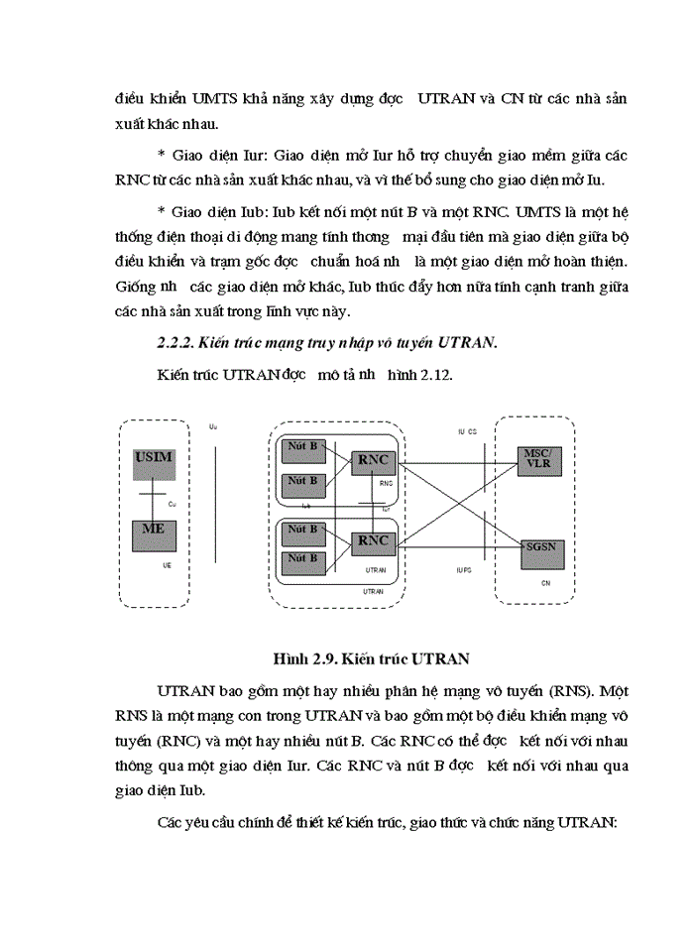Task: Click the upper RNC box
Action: (x=374, y=461)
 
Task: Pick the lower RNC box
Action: (x=374, y=541)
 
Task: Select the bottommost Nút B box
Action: (x=303, y=559)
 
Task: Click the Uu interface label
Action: (x=213, y=427)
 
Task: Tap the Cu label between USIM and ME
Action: (x=171, y=504)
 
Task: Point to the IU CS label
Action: (x=467, y=432)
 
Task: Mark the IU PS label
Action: (x=464, y=570)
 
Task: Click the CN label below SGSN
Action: (x=545, y=583)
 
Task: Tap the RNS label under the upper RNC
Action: (x=386, y=484)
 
